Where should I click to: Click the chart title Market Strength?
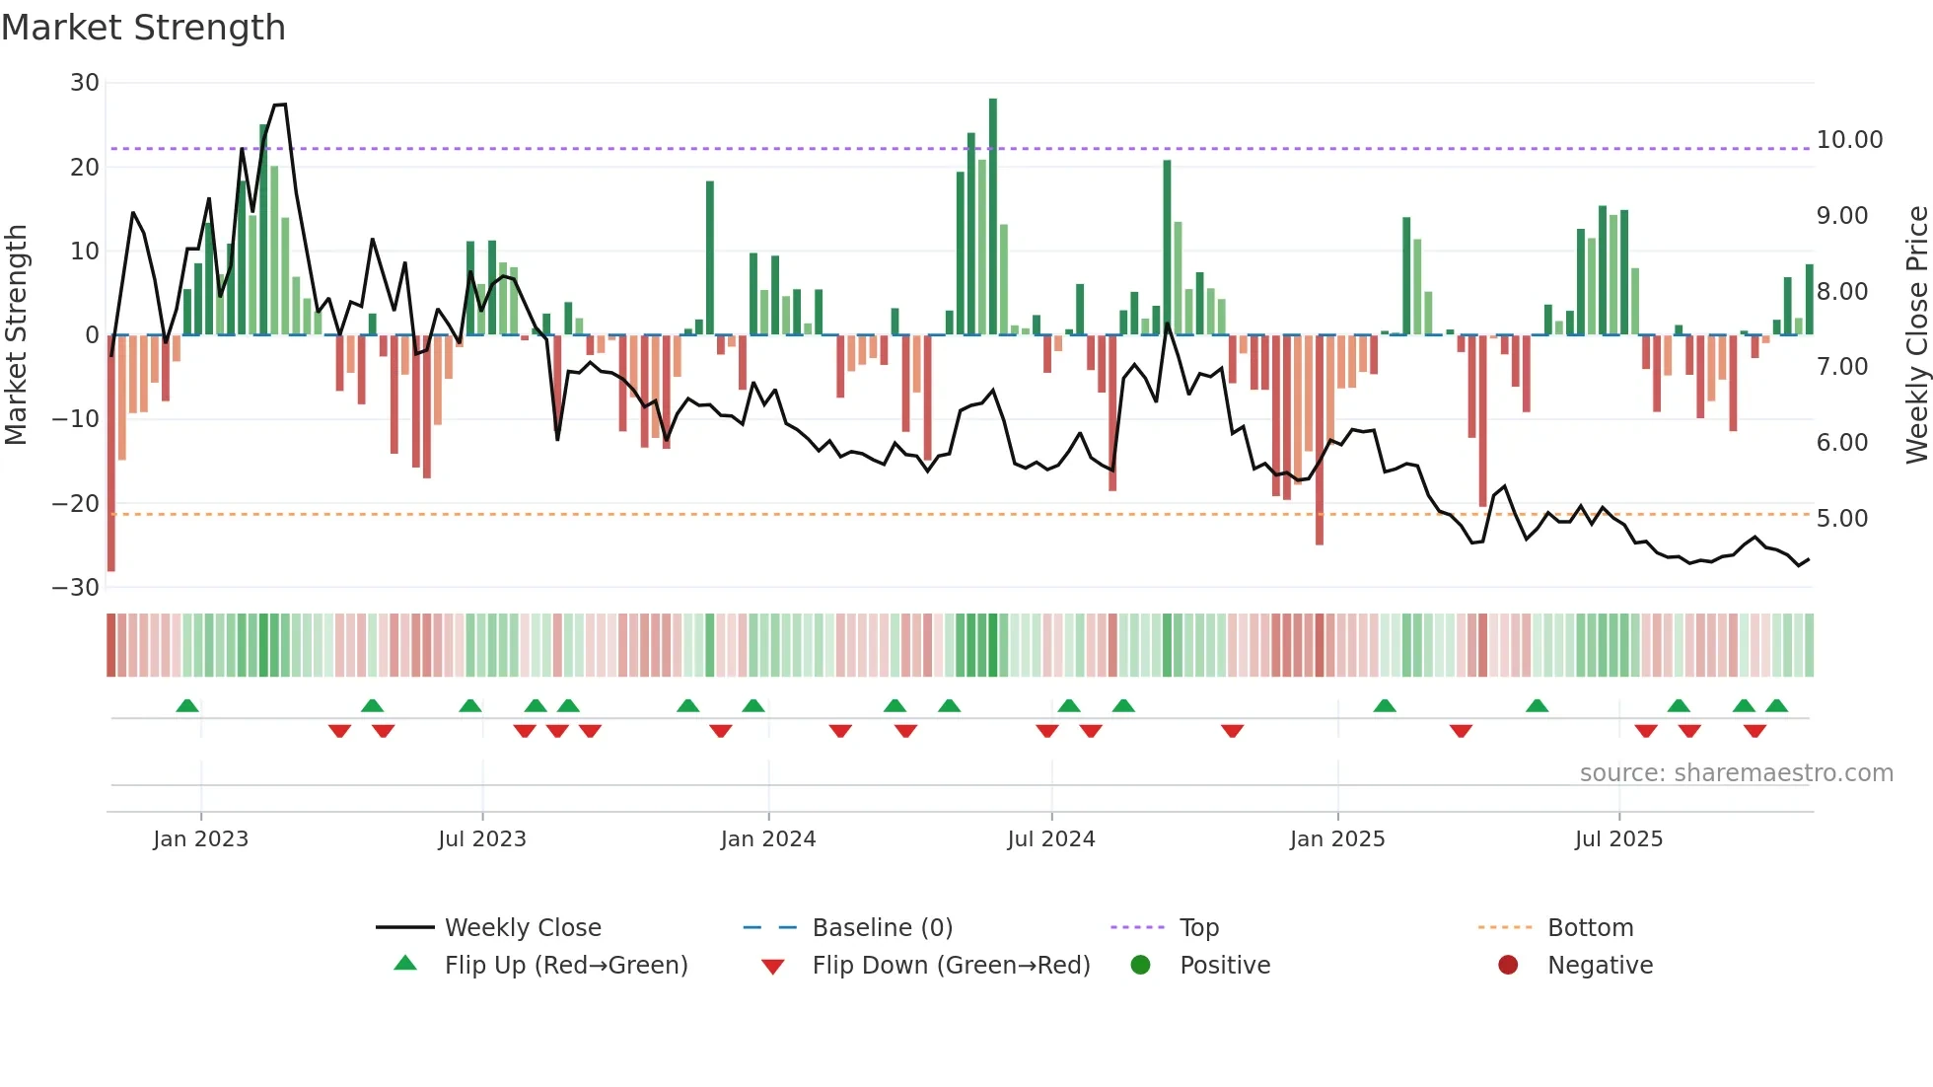coord(143,28)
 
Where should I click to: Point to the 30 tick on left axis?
coord(85,83)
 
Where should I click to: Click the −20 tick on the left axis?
coord(76,504)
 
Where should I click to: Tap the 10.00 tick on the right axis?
coord(1849,140)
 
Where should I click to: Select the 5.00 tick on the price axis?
coord(1841,519)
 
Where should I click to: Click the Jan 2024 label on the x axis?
coord(768,839)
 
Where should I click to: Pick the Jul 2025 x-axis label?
coord(1618,839)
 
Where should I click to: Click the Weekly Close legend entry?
coord(522,928)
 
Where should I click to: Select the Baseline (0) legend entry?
coord(882,928)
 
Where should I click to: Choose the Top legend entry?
coord(1198,928)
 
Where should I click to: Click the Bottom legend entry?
coord(1590,928)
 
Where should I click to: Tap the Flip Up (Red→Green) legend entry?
coord(565,966)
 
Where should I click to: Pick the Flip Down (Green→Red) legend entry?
coord(951,966)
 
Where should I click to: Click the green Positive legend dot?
coord(1140,966)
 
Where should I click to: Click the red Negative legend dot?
coord(1508,966)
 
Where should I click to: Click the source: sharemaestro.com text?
coord(1736,773)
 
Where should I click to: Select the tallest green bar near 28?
coord(993,217)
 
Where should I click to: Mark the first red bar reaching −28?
coord(111,454)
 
